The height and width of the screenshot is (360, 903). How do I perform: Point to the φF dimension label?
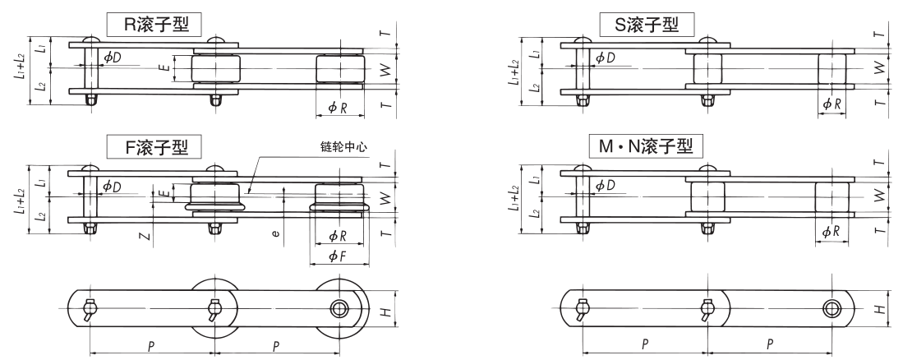pos(337,257)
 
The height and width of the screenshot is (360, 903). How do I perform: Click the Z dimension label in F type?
pos(145,237)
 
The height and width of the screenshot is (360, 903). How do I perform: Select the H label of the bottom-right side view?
pos(878,309)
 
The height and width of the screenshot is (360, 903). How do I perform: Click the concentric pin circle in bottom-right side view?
pos(831,309)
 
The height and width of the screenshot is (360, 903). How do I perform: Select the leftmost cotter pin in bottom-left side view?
pos(89,311)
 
